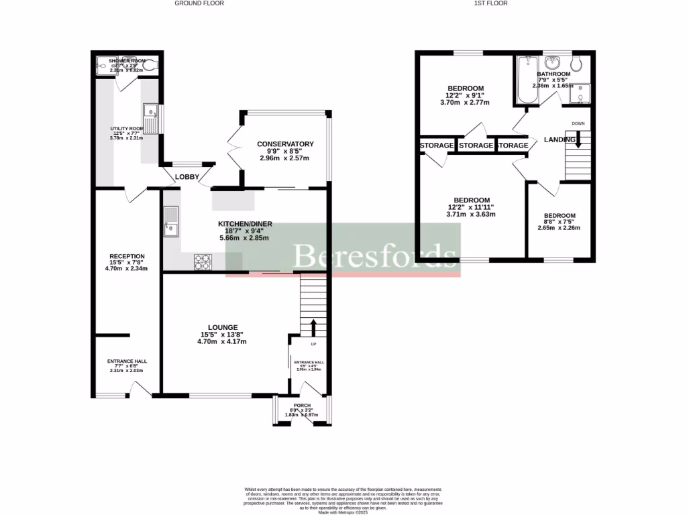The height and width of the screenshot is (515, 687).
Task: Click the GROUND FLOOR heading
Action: click(x=199, y=3)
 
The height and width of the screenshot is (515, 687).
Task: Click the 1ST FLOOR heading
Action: click(x=491, y=3)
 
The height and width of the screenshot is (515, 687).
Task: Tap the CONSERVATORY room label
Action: click(x=285, y=144)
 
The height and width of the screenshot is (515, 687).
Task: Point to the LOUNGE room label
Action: click(x=222, y=327)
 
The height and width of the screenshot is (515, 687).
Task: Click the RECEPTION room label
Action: click(x=127, y=255)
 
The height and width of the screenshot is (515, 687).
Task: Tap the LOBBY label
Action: click(x=187, y=177)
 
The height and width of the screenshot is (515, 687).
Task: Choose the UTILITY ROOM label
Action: click(x=127, y=129)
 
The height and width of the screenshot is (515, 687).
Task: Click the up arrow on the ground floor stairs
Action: click(x=313, y=328)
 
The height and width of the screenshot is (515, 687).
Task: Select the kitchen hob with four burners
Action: click(x=203, y=262)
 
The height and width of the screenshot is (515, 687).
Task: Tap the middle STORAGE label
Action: click(x=476, y=146)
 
